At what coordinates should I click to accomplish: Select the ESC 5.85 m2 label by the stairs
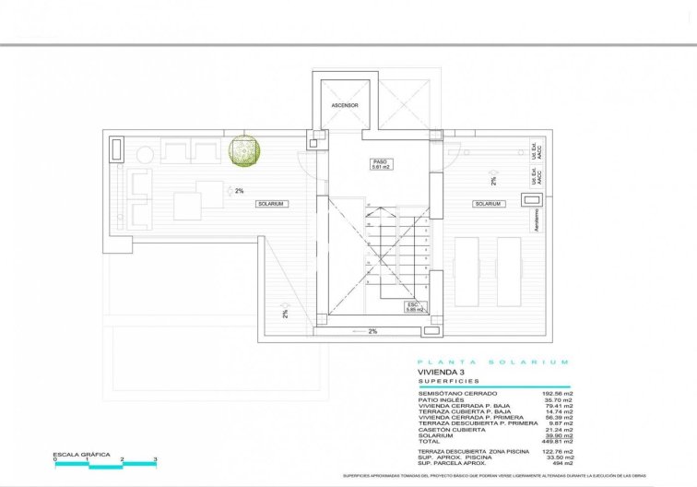(413, 307)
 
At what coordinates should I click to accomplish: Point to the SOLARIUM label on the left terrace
(271, 203)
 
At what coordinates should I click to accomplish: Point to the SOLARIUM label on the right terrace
(488, 203)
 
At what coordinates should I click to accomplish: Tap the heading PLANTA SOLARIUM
(493, 362)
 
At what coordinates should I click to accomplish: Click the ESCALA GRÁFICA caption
(81, 455)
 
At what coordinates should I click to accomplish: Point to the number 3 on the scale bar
(156, 459)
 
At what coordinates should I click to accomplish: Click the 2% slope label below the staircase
(372, 331)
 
